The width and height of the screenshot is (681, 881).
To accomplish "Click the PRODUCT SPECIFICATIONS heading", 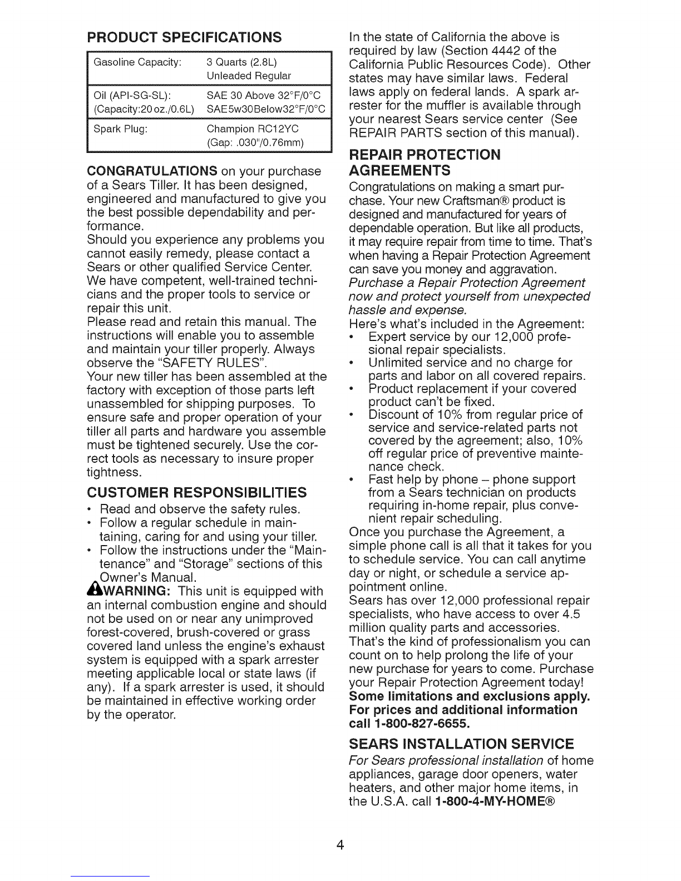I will coord(184,38).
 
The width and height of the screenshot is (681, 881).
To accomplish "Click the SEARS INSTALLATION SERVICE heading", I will coord(461,744).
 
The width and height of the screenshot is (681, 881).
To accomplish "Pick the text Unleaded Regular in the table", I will coord(249,75).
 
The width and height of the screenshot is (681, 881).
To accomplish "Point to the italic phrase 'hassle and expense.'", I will coord(407,309).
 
